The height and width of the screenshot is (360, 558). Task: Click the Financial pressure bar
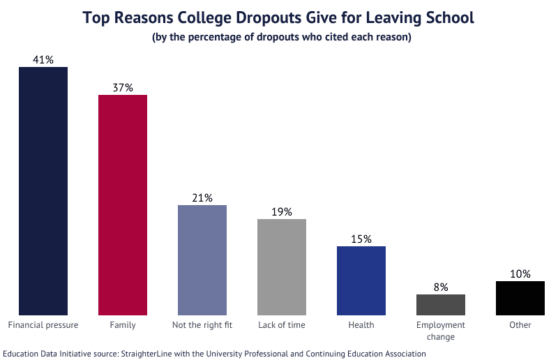tap(43, 191)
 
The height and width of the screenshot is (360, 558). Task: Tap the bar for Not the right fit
tap(202, 260)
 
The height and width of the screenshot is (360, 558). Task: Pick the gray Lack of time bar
tap(282, 267)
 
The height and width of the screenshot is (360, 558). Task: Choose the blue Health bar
tap(361, 280)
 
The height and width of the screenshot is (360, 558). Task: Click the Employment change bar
tap(441, 304)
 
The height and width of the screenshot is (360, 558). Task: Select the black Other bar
tap(520, 298)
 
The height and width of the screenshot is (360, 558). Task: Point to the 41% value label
tap(43, 60)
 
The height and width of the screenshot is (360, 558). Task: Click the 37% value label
tap(123, 88)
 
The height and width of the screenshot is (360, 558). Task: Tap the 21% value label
tap(202, 198)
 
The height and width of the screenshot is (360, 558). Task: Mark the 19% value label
tap(282, 212)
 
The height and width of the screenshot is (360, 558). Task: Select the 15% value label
tap(361, 239)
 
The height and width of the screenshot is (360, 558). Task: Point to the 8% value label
tap(441, 287)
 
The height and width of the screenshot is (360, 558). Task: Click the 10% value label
tap(520, 274)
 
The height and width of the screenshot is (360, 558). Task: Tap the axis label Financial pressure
tap(43, 325)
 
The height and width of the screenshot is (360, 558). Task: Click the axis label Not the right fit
tap(202, 325)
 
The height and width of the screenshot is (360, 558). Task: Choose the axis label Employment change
tap(441, 331)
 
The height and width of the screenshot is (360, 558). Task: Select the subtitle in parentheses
tap(282, 37)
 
